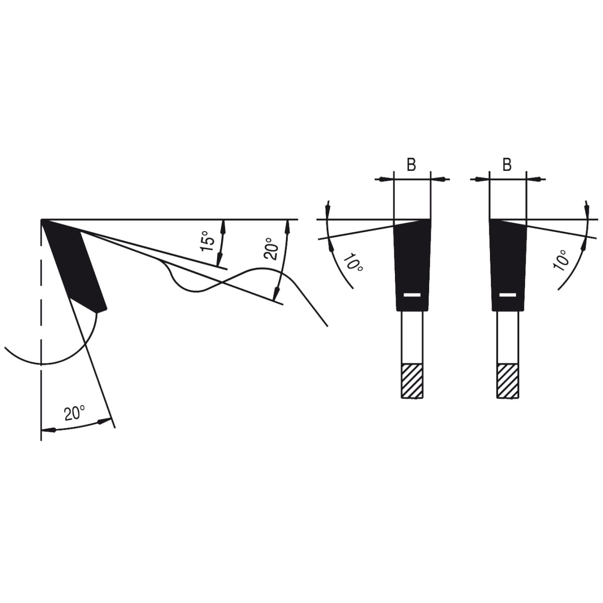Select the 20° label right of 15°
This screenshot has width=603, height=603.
[271, 248]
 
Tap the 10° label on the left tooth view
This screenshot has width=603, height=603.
[353, 263]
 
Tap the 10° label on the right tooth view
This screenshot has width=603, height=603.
[560, 260]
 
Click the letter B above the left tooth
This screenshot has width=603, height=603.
[411, 164]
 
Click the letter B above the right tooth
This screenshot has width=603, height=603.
[507, 164]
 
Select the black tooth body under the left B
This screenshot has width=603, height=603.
[412, 265]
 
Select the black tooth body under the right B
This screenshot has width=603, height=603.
[508, 265]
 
